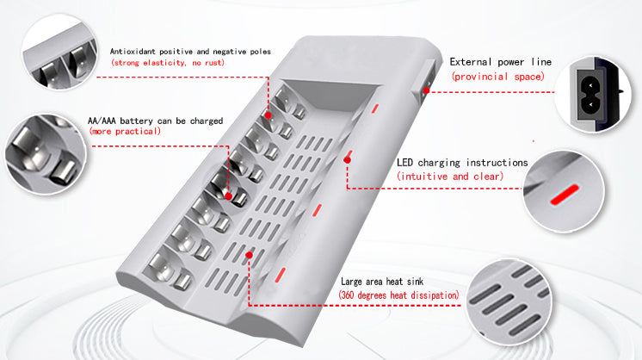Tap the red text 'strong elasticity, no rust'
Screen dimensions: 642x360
pos(168,63)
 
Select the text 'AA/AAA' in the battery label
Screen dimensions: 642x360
pos(102,121)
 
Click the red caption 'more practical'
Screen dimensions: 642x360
pos(125,131)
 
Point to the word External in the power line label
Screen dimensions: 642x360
pos(471,62)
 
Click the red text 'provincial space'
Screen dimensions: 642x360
pos(498,77)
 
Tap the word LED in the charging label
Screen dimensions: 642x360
pos(404,163)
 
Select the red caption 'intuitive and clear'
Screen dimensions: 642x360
pos(450,177)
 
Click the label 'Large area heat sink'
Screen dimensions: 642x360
pos(382,282)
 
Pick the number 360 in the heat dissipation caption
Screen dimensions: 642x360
pos(347,295)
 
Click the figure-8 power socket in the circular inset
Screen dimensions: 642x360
pos(590,94)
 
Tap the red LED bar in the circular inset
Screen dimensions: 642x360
pos(565,195)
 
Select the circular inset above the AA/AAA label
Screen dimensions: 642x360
pos(59,51)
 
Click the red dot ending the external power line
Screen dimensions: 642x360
pos(426,90)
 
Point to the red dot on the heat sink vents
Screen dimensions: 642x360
pos(249,255)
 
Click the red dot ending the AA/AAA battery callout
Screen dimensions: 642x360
pos(228,196)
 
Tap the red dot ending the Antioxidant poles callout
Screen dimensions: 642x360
pos(268,115)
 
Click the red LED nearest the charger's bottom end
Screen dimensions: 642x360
pos(280,276)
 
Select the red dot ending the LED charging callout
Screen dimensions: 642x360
pos(347,160)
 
